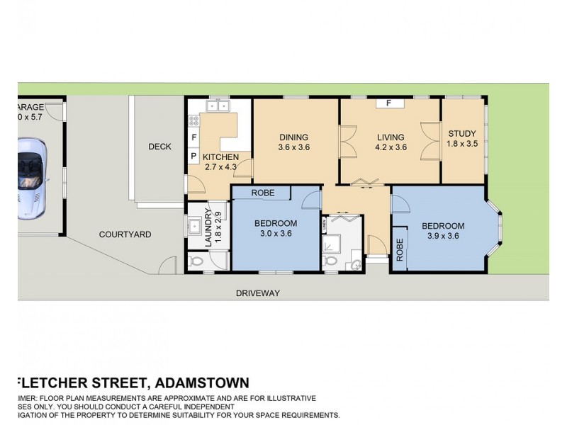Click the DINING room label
click(294, 137)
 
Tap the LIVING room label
click(391, 137)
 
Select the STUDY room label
click(462, 133)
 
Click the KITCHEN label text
click(220, 157)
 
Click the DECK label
click(160, 147)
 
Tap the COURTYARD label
click(125, 234)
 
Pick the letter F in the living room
click(389, 103)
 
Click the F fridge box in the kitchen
click(193, 137)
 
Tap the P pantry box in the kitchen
click(193, 156)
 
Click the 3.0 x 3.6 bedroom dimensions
click(276, 234)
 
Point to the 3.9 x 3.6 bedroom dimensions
click(443, 236)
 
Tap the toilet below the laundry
click(198, 261)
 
